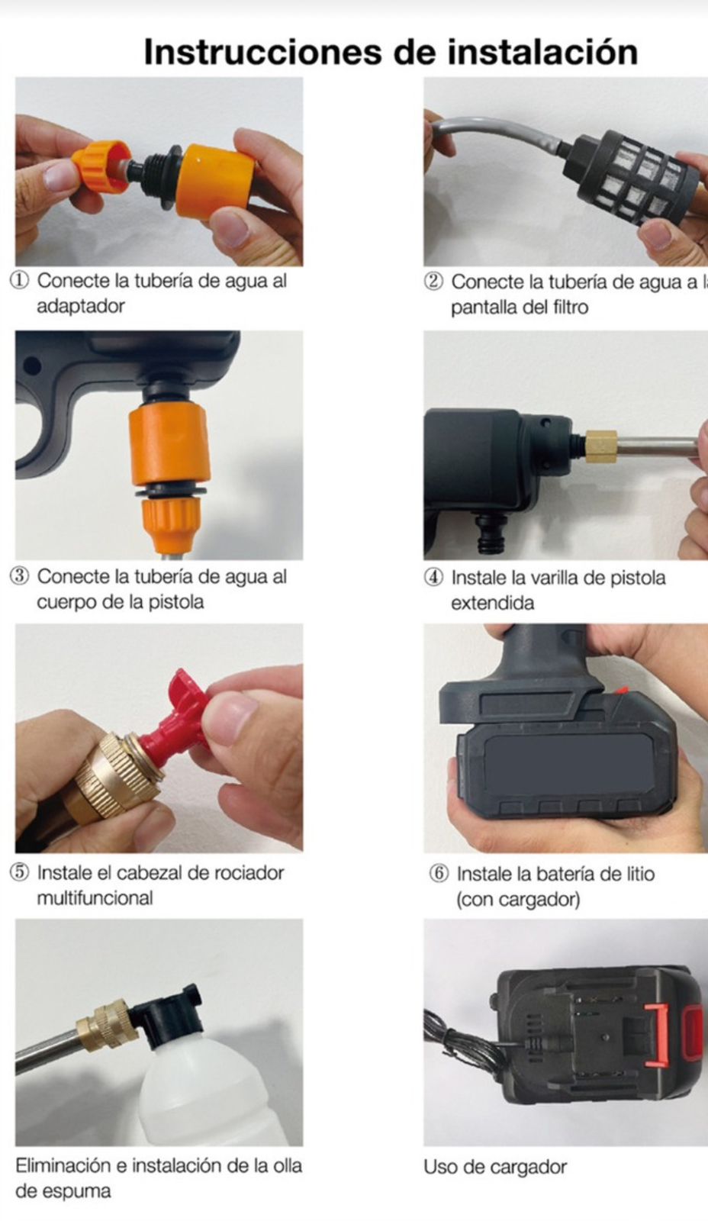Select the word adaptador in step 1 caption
pyautogui.click(x=80, y=307)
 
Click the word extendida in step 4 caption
pyautogui.click(x=492, y=604)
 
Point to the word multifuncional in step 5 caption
pyautogui.click(x=95, y=898)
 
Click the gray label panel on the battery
pyautogui.click(x=568, y=765)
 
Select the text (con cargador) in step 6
pyautogui.click(x=518, y=900)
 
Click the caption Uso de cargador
pyautogui.click(x=495, y=1167)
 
